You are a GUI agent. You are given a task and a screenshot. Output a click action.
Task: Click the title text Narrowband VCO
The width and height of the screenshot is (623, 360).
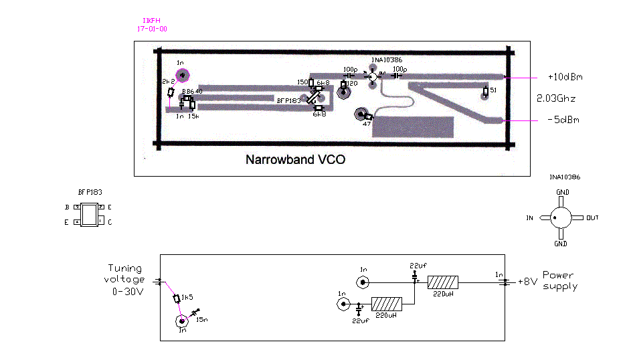click(295, 161)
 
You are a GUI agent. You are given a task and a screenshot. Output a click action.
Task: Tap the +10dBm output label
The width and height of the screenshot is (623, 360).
click(565, 77)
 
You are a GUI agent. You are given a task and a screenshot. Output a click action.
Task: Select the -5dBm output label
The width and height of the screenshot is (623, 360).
click(563, 120)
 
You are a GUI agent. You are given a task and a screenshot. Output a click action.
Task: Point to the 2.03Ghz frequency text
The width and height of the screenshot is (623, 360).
click(556, 98)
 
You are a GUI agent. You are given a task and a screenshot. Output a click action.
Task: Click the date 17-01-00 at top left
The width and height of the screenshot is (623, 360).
click(152, 29)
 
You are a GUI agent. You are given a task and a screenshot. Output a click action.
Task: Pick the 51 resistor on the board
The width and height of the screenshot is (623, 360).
click(486, 90)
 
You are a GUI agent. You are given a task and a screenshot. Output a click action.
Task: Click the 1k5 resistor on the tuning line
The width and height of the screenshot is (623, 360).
click(177, 298)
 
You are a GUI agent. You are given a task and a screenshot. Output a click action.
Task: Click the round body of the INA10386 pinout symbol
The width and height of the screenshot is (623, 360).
click(561, 217)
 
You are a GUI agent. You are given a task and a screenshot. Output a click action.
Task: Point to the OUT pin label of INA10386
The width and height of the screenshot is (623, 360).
click(592, 218)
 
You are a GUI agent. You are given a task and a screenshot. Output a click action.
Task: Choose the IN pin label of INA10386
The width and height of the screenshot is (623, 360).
click(530, 218)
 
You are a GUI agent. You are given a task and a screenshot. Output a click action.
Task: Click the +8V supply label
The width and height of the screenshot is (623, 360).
click(527, 282)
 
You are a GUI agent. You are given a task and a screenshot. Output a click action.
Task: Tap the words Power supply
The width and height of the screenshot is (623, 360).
click(560, 280)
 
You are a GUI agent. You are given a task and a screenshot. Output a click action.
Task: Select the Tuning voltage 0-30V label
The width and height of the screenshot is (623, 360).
click(125, 279)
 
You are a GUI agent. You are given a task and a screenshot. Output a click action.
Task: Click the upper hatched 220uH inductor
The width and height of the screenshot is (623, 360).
click(443, 282)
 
